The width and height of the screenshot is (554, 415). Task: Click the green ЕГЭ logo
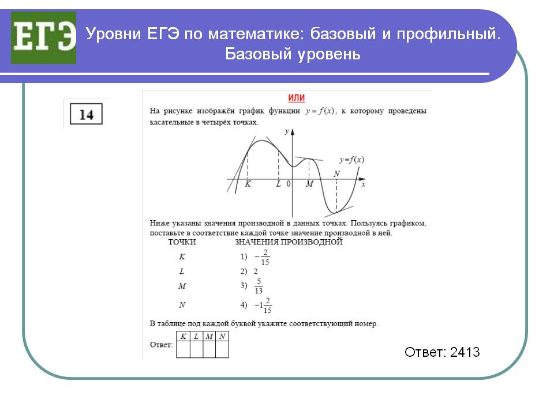click(43, 38)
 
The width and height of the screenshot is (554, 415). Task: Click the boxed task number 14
click(86, 114)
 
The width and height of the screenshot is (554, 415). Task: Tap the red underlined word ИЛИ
click(297, 98)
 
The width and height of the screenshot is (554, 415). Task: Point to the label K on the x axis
click(248, 184)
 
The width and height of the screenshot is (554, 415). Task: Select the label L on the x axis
click(278, 184)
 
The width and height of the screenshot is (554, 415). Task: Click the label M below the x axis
click(309, 184)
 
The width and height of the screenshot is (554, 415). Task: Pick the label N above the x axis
click(336, 173)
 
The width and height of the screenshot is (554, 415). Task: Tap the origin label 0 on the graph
click(289, 184)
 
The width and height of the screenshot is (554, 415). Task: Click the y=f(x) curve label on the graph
click(351, 160)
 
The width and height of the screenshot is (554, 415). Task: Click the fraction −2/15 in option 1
click(262, 257)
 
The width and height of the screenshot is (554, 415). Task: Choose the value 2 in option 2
click(256, 271)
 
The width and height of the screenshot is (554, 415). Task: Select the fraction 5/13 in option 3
click(259, 286)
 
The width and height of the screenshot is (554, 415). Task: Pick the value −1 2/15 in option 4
click(263, 305)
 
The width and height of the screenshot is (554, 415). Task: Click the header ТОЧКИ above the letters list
click(182, 242)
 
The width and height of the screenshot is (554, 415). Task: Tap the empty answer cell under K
click(183, 349)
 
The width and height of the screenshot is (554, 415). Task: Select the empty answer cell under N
click(222, 349)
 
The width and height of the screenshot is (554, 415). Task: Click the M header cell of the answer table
click(209, 336)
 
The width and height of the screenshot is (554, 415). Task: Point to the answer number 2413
click(465, 352)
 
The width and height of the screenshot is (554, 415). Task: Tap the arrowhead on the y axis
click(292, 132)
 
